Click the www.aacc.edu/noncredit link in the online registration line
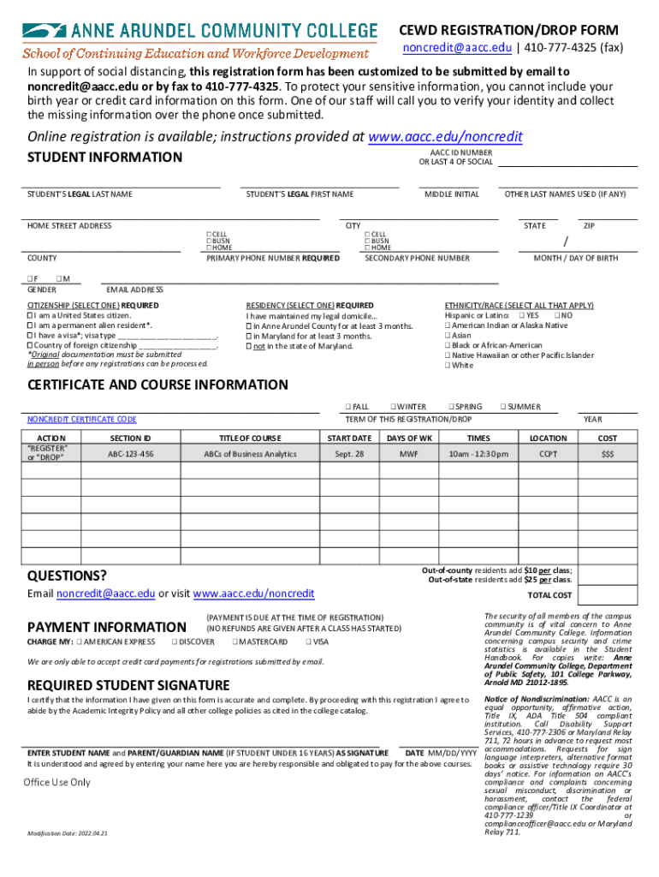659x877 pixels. (444, 137)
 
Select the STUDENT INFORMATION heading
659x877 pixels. (104, 157)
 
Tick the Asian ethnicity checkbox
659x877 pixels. (448, 336)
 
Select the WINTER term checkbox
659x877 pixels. (392, 407)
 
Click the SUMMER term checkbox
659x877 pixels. (503, 407)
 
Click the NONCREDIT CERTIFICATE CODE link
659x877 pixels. (81, 420)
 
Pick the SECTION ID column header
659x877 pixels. (130, 438)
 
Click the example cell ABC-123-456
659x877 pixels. (130, 454)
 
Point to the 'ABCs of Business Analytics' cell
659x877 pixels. (250, 454)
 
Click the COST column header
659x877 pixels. (608, 438)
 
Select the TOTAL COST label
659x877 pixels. (549, 595)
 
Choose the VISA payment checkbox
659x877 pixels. (308, 641)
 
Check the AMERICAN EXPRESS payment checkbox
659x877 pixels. (79, 641)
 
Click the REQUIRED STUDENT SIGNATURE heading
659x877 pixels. (128, 685)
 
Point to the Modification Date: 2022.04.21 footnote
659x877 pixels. (67, 833)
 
